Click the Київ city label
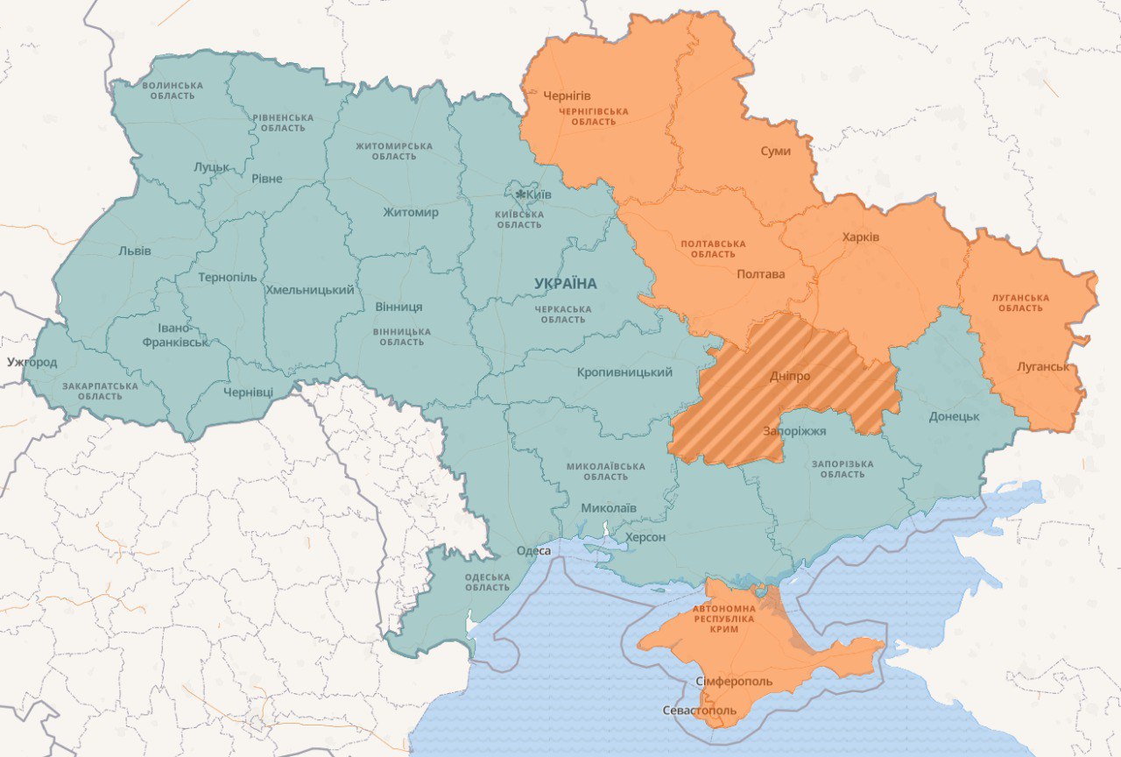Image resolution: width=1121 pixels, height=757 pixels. [539, 194]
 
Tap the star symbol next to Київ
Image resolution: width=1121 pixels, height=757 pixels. [520, 194]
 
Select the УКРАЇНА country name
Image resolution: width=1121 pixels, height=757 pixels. [566, 284]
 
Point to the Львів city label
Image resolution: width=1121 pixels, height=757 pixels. [135, 251]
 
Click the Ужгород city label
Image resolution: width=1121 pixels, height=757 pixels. [32, 362]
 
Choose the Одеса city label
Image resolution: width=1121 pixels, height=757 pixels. [533, 550]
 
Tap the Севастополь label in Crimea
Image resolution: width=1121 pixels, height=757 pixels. [700, 710]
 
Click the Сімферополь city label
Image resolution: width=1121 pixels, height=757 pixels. [734, 681]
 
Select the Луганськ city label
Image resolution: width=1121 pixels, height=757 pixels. [1043, 366]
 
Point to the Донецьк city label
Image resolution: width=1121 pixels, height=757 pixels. [954, 416]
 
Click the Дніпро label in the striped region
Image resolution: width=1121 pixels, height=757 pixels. [789, 376]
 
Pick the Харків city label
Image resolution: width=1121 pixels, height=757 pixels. [861, 237]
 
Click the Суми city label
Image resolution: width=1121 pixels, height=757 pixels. [775, 151]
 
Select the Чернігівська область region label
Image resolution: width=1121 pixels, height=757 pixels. [595, 117]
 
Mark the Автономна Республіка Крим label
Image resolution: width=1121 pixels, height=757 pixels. [723, 619]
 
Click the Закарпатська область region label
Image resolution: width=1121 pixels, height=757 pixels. [100, 391]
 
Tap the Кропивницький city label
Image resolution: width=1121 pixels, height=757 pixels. [624, 372]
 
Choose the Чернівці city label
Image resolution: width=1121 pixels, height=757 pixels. [248, 392]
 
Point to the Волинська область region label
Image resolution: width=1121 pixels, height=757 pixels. [173, 90]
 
